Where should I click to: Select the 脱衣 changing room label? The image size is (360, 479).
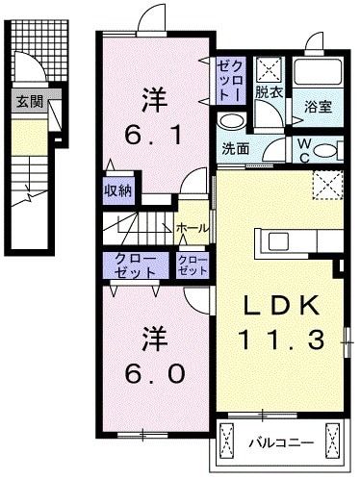click(269, 93)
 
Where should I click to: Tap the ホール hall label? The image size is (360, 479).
click(189, 227)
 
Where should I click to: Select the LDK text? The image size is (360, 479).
click(279, 305)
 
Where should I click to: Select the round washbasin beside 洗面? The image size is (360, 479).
click(231, 121)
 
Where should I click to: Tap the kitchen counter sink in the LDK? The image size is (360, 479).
click(277, 239)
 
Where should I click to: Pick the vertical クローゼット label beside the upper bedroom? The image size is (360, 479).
click(231, 80)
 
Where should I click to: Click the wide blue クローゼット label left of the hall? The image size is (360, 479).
click(131, 266)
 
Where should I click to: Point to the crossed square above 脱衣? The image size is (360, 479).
click(268, 67)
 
